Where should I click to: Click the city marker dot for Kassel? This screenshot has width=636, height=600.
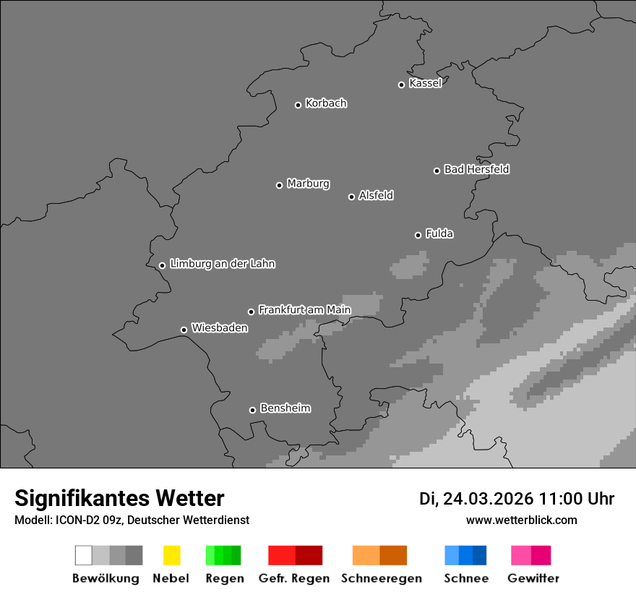[x=401, y=85]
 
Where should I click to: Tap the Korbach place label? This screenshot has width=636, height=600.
[x=326, y=103]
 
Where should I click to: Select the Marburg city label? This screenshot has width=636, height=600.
[x=308, y=184]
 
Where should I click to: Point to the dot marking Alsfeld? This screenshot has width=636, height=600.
[x=351, y=197]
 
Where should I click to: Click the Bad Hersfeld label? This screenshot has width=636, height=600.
[x=476, y=169]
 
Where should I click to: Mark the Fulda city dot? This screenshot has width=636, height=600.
[x=418, y=235]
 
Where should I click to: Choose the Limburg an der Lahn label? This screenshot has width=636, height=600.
[x=222, y=264]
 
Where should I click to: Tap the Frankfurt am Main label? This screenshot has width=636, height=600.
[x=304, y=310]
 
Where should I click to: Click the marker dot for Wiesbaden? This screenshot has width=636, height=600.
[x=184, y=330]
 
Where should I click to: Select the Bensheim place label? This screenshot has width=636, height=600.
[x=285, y=408]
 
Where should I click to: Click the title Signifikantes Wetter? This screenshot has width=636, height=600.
[x=119, y=498]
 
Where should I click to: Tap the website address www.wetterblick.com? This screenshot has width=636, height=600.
[x=521, y=520]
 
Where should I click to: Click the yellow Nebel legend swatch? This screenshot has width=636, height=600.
[x=171, y=555]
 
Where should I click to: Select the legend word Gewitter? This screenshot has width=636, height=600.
[x=533, y=578]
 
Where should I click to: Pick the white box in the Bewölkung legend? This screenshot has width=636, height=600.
[x=83, y=555]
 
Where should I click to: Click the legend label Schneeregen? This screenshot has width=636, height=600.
[x=381, y=578]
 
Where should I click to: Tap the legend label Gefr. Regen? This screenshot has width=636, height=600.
[x=293, y=578]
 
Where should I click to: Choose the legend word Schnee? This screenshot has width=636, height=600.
[x=465, y=578]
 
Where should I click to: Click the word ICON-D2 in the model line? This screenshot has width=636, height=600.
[x=68, y=520]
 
